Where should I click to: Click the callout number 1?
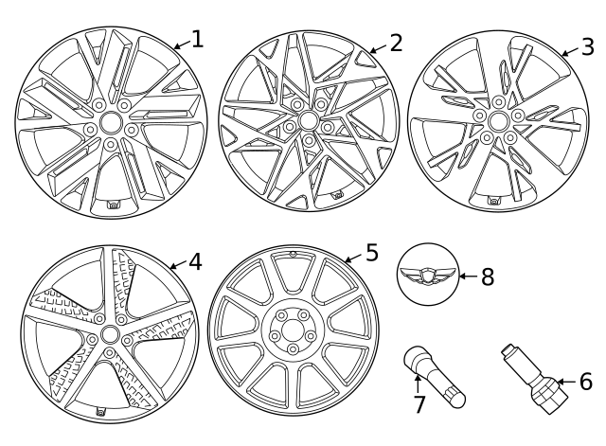[x=197, y=39]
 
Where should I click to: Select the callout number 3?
[x=587, y=45]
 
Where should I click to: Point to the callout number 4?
[x=195, y=260]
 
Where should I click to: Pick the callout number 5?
[x=371, y=253]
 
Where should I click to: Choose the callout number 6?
[x=584, y=383]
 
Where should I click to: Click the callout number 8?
[x=488, y=277]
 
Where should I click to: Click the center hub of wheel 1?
[x=109, y=123]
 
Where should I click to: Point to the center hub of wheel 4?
[x=109, y=335]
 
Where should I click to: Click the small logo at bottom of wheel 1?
[x=113, y=205]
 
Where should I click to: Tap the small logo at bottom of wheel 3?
[x=493, y=201]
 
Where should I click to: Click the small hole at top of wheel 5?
[x=293, y=255]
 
